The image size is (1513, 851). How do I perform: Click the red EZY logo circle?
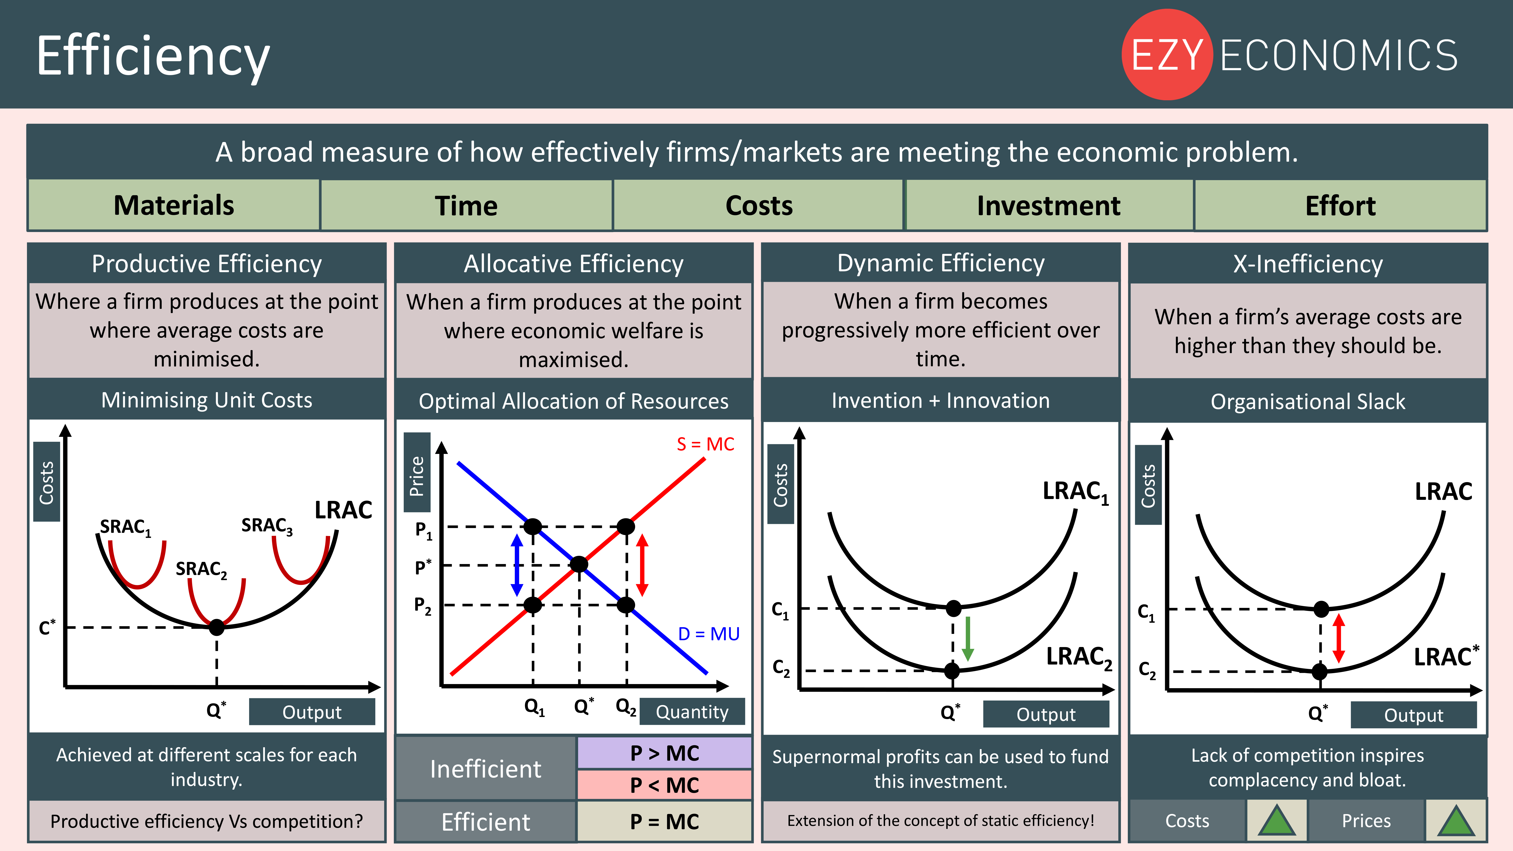[1167, 55]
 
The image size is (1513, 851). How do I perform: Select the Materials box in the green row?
[174, 205]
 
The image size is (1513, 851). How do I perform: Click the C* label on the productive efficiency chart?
[47, 627]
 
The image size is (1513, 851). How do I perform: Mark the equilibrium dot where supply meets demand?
[579, 564]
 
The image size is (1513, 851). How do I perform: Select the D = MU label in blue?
[708, 634]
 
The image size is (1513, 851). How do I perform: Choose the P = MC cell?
[664, 821]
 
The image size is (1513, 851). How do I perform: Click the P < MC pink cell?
[664, 785]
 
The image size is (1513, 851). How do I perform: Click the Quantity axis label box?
[692, 712]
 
